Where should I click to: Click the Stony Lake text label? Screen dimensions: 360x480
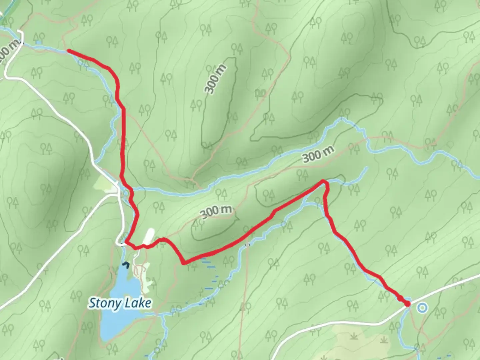120,303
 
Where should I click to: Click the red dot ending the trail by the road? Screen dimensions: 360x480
407,304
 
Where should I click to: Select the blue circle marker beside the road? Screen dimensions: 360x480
422,307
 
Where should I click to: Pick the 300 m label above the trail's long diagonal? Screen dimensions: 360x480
216,211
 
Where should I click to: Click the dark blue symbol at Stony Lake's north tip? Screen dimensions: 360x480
125,265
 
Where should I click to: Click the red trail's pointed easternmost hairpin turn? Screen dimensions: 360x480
323,181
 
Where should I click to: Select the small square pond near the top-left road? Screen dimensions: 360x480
39,43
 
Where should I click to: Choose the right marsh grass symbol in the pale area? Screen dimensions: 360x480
384,339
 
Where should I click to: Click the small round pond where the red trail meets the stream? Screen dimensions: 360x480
126,193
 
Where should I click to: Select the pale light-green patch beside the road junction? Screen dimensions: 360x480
103,183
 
